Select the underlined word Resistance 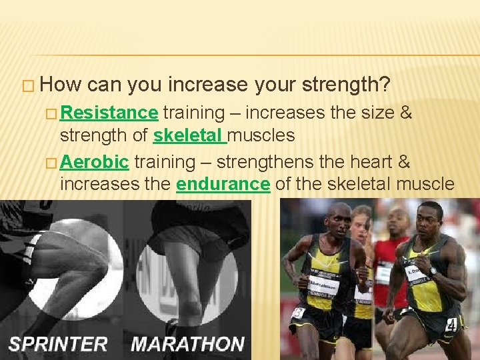(109, 113)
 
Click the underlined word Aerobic (94, 162)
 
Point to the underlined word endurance (223, 184)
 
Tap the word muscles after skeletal (261, 135)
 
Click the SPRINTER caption (58, 344)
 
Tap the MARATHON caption (189, 344)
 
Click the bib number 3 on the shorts (298, 312)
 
